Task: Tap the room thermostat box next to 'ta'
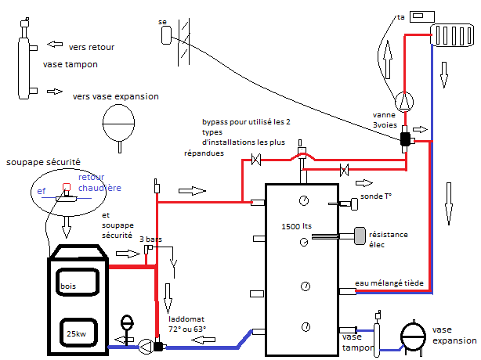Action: pyautogui.click(x=422, y=16)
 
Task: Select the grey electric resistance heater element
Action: pyautogui.click(x=360, y=236)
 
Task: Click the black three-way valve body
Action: pyautogui.click(x=405, y=139)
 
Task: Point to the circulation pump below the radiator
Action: pyautogui.click(x=404, y=102)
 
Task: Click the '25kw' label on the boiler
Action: pyautogui.click(x=77, y=333)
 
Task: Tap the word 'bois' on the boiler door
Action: pyautogui.click(x=68, y=286)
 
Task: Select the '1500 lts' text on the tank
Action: pyautogui.click(x=296, y=226)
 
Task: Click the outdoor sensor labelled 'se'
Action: pyautogui.click(x=166, y=35)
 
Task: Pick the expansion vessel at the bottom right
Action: pyautogui.click(x=413, y=337)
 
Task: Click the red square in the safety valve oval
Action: pyautogui.click(x=67, y=187)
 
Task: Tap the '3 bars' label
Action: pyautogui.click(x=150, y=239)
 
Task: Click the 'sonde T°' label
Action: pyautogui.click(x=376, y=196)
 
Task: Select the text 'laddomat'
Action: pyautogui.click(x=186, y=319)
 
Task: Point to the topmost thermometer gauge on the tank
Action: pyautogui.click(x=304, y=200)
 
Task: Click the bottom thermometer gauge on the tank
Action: pyautogui.click(x=306, y=327)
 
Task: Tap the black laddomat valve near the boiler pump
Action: pyautogui.click(x=158, y=347)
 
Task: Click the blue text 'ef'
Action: pyautogui.click(x=41, y=191)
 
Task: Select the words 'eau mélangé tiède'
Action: pyautogui.click(x=389, y=283)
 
